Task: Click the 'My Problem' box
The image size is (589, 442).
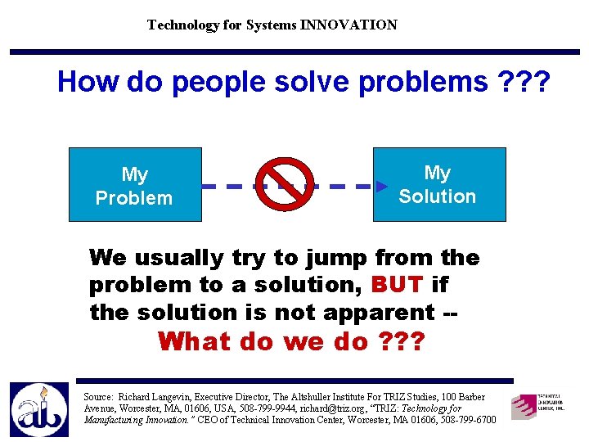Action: click(x=134, y=185)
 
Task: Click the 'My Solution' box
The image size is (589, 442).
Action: click(x=439, y=184)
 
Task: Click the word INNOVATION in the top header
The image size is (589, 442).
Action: click(x=348, y=25)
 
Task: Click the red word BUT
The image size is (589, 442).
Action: click(x=398, y=285)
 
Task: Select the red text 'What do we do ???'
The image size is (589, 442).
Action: click(x=290, y=341)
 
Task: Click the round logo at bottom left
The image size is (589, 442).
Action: click(x=38, y=409)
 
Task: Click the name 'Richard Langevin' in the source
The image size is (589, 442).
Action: click(x=152, y=397)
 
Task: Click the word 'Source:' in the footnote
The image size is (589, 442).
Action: click(x=100, y=397)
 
